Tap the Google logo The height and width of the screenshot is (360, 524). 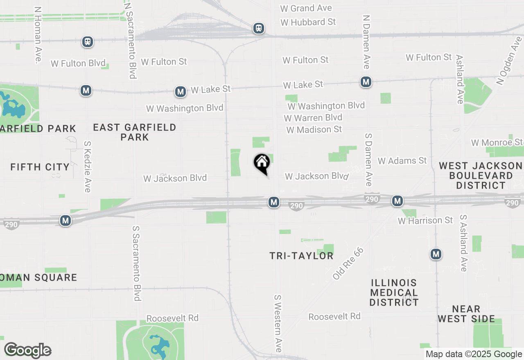point(28,350)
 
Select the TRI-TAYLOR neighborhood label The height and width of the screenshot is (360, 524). point(301,256)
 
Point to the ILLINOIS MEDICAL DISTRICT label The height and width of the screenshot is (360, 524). point(394,292)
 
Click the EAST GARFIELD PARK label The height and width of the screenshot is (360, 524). point(135,132)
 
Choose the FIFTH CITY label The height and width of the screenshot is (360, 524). point(40,167)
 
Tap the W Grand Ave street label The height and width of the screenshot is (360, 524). point(306,8)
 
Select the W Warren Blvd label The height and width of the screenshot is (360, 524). point(314,118)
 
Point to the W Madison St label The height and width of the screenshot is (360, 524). point(314,130)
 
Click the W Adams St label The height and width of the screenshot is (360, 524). point(402,161)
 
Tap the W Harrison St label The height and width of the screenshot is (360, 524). point(425,220)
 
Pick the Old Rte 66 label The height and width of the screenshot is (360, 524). point(348,263)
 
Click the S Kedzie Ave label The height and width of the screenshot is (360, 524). point(87,166)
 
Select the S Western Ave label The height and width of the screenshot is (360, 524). point(278,323)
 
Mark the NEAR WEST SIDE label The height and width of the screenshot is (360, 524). point(466,314)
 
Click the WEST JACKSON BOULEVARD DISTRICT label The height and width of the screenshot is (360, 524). point(481,175)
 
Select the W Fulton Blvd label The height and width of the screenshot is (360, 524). point(78,63)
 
